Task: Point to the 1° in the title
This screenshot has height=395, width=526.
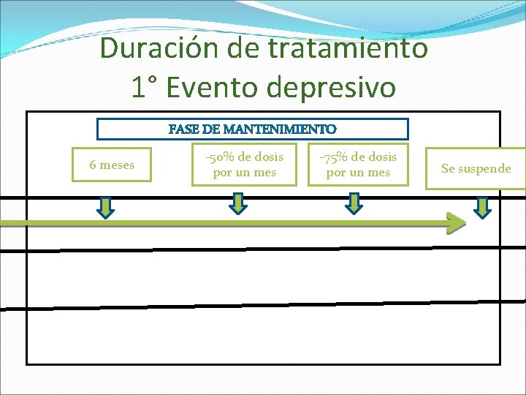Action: [x=145, y=88]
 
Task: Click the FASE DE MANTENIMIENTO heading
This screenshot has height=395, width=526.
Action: [x=253, y=129]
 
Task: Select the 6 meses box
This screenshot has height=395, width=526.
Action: [x=112, y=165]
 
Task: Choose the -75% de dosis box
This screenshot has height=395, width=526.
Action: [x=357, y=165]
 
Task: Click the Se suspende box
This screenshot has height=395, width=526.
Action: [x=476, y=169]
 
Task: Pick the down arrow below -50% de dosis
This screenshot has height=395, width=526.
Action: [x=238, y=203]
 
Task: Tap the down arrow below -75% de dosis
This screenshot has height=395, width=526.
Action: [x=354, y=203]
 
